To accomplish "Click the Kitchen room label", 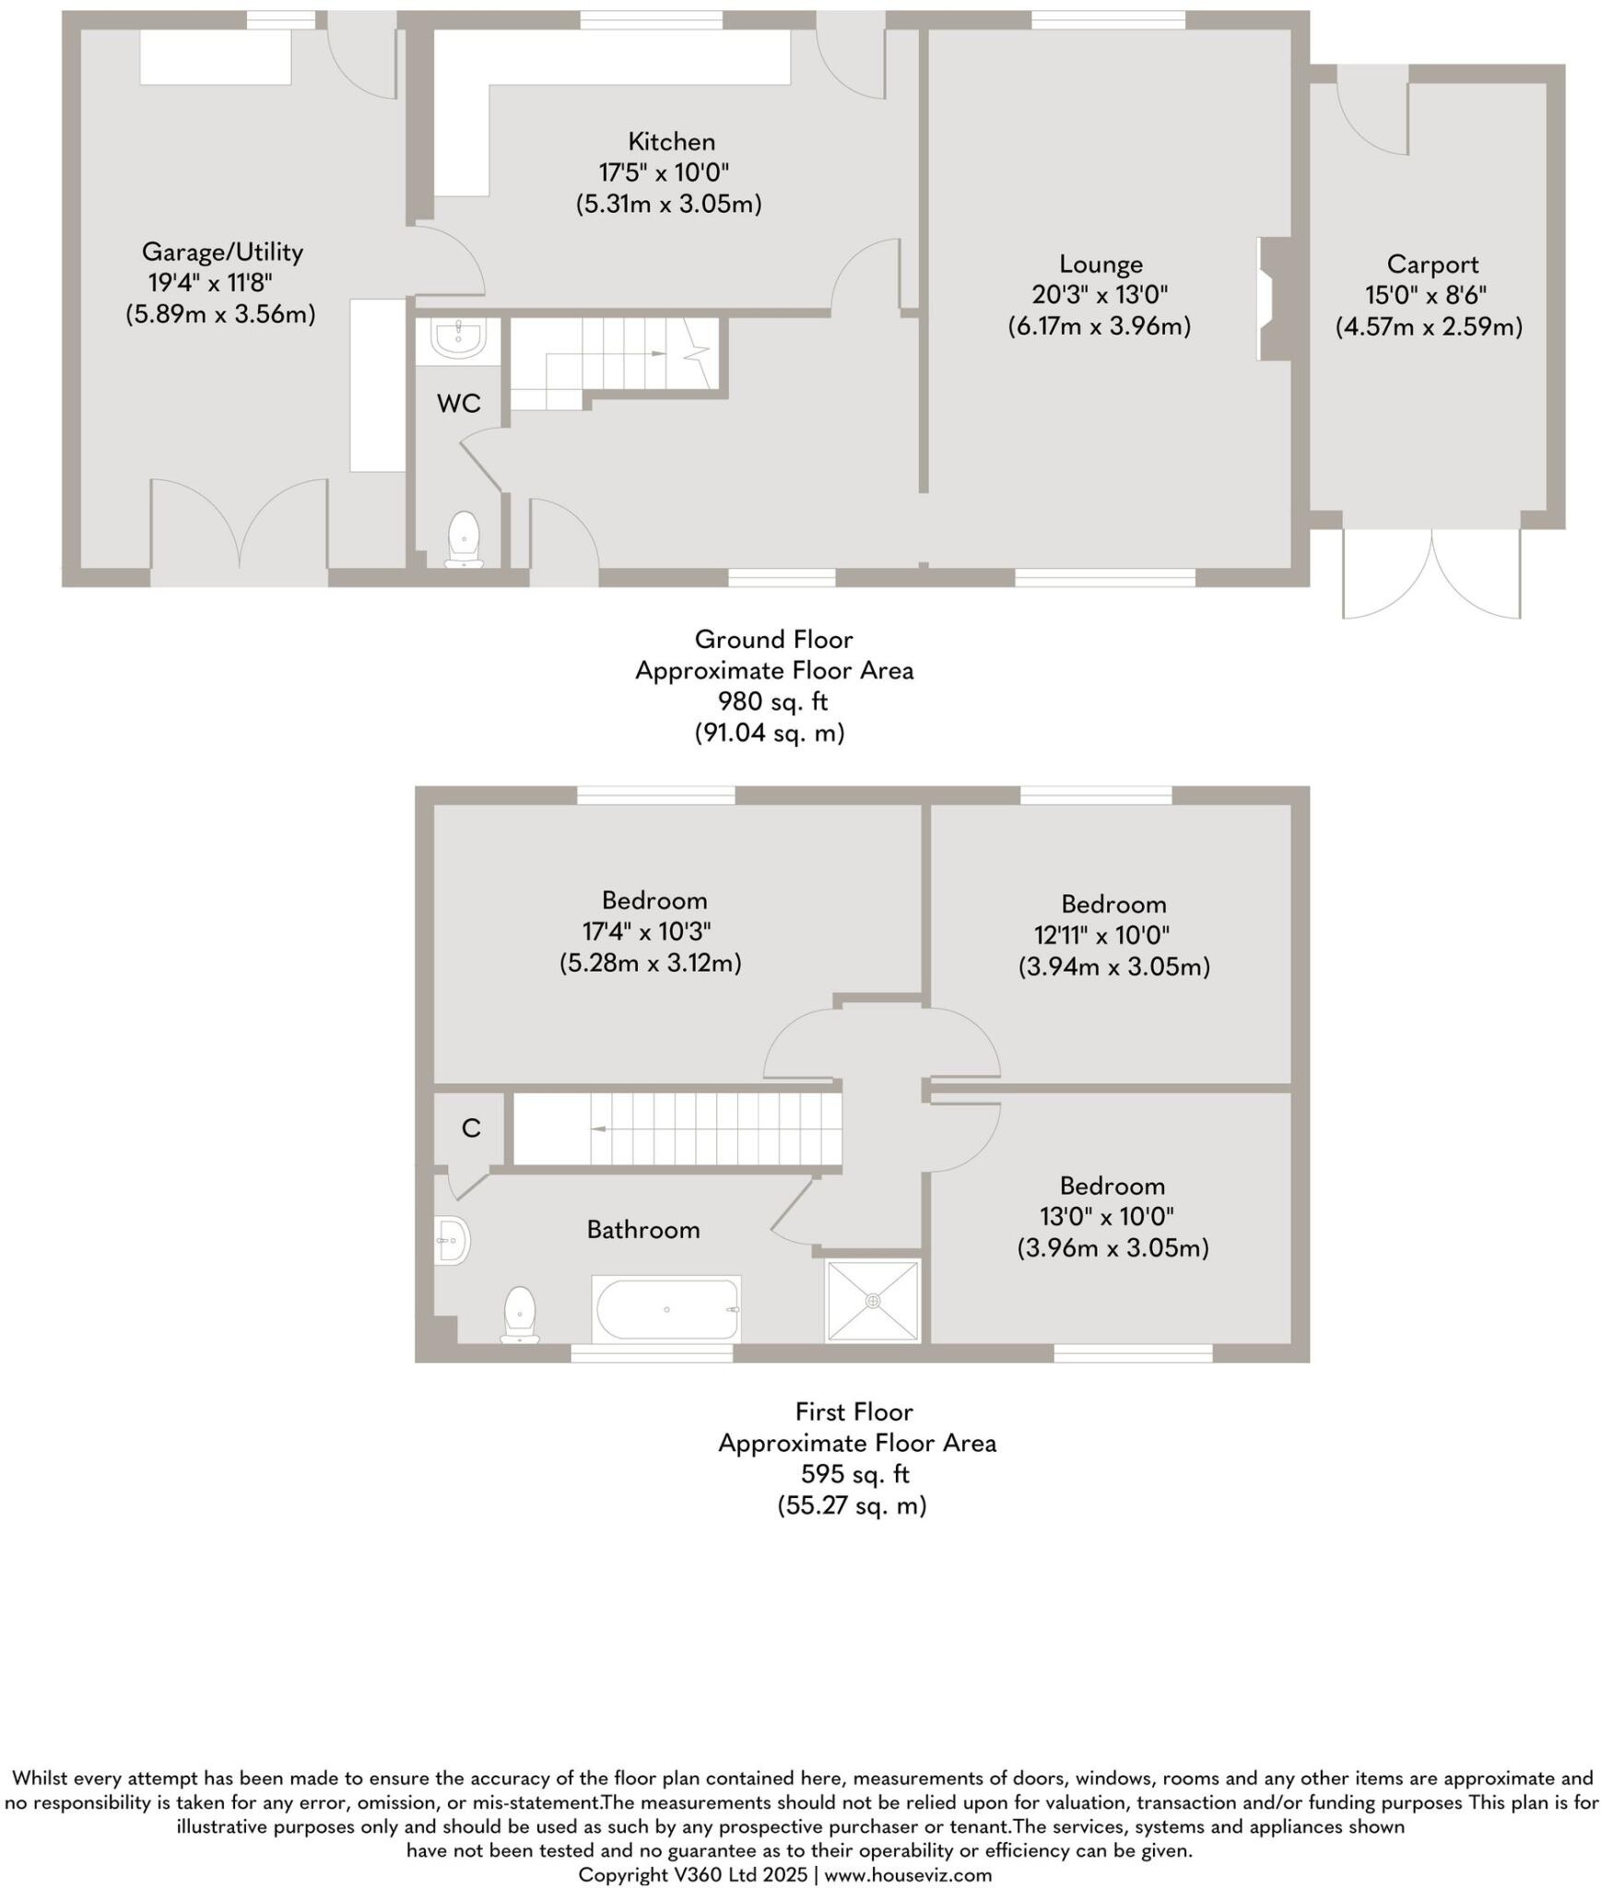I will point(670,142).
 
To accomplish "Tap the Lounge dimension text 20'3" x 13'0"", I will point(1100,295).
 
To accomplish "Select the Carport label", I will point(1431,265).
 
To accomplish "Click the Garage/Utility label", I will point(222,252).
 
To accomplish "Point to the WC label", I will point(458,403).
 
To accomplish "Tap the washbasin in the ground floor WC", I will point(458,338).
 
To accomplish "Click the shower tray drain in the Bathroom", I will point(873,1301).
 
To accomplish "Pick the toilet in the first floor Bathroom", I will point(520,1315).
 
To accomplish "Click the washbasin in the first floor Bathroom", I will point(453,1240).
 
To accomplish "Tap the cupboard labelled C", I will point(470,1128).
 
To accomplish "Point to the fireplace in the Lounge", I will point(1270,299).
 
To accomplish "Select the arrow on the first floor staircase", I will point(598,1128).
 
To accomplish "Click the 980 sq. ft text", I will point(772,702).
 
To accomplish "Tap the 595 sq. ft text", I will point(853,1474).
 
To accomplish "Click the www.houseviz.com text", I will point(907,1874).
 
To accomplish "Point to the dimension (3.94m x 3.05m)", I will point(1112,967).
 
